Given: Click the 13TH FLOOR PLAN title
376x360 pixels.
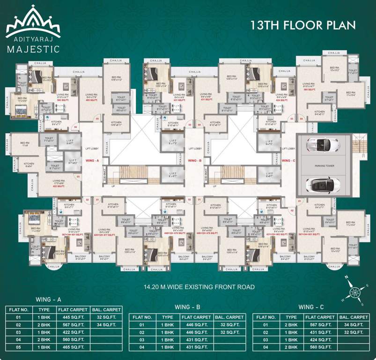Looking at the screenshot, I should [x=303, y=24].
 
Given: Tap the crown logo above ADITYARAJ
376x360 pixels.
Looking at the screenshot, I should [x=33, y=22].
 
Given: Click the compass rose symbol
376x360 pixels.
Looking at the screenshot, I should [x=355, y=291].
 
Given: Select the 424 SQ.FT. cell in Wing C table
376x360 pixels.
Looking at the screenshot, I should [x=319, y=340].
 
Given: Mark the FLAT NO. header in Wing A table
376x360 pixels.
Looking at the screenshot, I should [x=19, y=309].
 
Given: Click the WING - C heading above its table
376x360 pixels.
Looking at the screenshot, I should [x=313, y=307].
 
